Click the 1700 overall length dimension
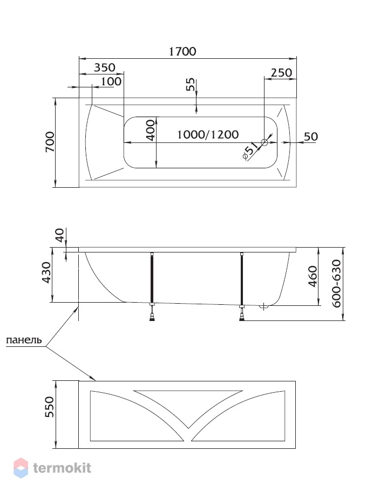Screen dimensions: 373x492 (x=182, y=51)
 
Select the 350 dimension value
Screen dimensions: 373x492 (x=105, y=67)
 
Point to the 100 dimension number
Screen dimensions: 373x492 (x=111, y=81)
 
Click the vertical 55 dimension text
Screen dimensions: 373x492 (x=191, y=84)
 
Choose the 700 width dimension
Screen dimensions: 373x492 (x=50, y=142)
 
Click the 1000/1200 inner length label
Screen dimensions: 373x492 (x=208, y=134)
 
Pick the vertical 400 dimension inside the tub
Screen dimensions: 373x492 (x=151, y=130)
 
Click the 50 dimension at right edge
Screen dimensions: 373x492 (x=311, y=136)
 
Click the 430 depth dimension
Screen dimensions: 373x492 (x=46, y=272)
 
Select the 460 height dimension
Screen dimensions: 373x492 (x=313, y=276)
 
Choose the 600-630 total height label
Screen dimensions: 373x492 (x=336, y=283)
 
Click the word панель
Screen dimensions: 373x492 (x=24, y=340)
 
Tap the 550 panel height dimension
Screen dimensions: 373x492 (x=49, y=407)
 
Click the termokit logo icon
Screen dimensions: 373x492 (x=21, y=468)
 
